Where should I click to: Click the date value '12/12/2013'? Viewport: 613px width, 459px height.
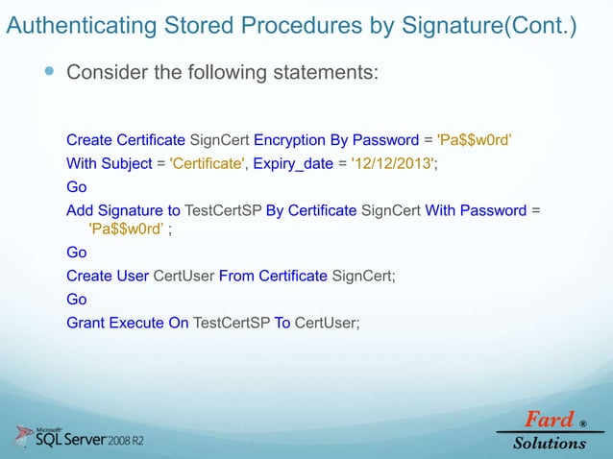click(394, 164)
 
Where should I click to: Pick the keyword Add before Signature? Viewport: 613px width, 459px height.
click(81, 210)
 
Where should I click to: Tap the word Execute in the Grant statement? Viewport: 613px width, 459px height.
click(137, 323)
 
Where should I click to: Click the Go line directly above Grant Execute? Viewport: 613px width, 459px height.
click(76, 300)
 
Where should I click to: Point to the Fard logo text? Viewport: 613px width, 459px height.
click(548, 420)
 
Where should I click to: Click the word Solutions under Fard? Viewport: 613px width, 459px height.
click(549, 443)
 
